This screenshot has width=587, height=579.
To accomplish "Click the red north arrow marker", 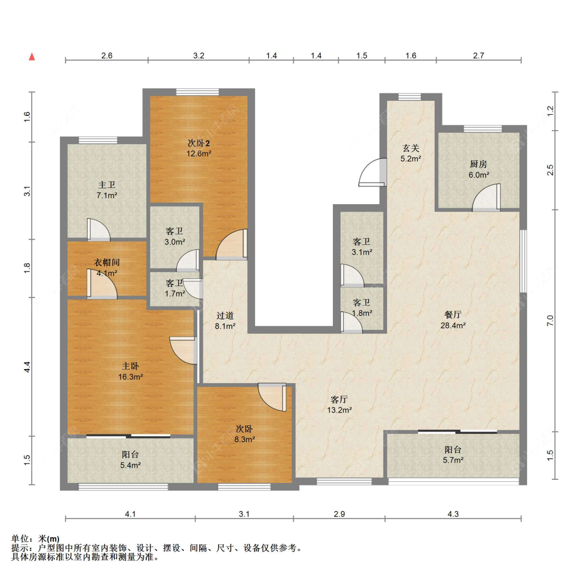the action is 32,56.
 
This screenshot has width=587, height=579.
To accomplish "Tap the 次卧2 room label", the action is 199,143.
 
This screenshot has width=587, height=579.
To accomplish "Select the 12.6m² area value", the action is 199,153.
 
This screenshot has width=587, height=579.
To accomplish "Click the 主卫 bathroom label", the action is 106,185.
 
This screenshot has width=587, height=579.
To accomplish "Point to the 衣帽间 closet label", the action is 106,263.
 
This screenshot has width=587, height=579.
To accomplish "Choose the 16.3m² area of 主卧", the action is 130,377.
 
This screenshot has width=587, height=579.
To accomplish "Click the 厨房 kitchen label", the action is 478,164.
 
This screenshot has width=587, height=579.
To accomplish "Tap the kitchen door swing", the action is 486,197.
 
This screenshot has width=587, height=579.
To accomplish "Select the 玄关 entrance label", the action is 411,148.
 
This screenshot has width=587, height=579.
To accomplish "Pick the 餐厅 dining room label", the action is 453,315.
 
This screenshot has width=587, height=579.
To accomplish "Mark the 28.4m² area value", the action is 453,325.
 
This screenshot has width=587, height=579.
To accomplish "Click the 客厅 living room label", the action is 339,399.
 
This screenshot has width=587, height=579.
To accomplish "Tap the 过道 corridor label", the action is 225,316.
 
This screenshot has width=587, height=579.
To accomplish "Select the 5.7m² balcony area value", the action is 453,460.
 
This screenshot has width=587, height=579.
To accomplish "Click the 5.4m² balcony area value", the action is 130,466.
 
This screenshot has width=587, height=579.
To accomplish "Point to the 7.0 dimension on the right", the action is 550,321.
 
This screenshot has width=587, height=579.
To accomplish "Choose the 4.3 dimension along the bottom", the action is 453,514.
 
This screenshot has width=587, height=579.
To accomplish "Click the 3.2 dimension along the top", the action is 199,56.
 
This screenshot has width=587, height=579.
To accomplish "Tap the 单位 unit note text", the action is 20,539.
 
